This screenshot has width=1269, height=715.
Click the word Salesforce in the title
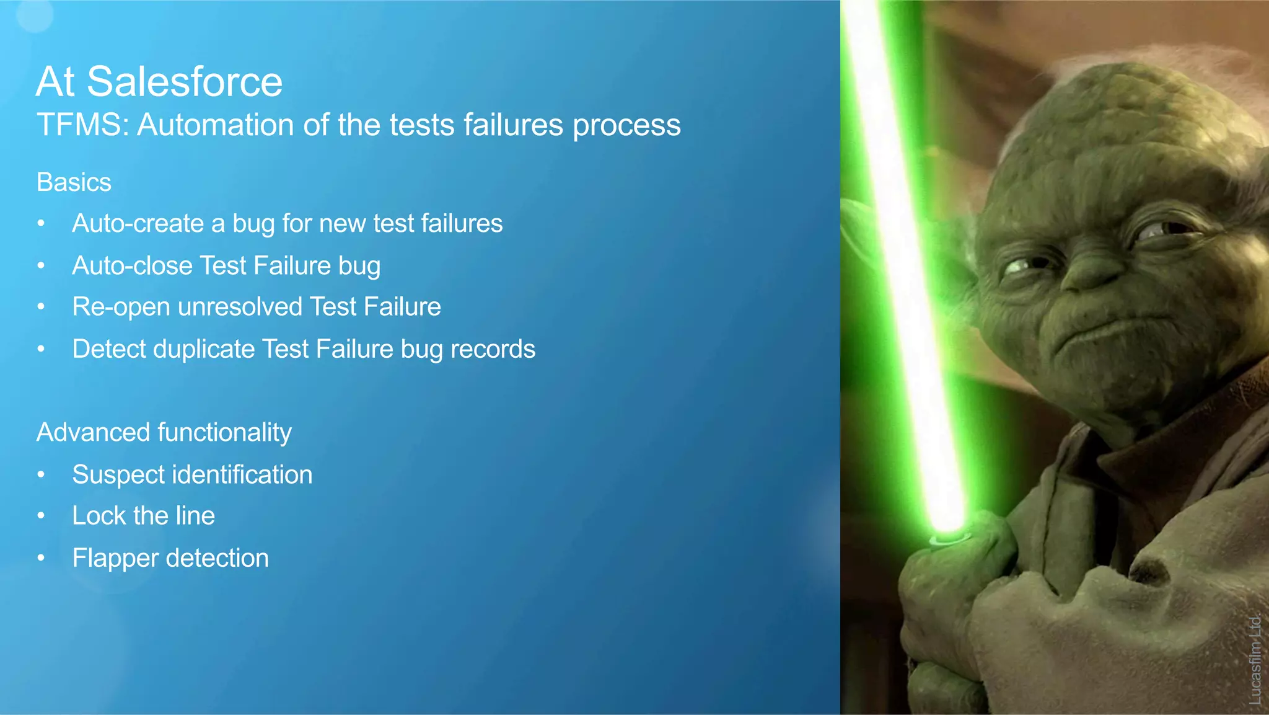(x=184, y=82)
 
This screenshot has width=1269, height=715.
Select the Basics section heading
(x=74, y=182)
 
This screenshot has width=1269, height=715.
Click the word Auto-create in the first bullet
(x=138, y=223)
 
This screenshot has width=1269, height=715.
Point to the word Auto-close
(x=133, y=265)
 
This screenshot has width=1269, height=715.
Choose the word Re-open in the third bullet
(x=121, y=307)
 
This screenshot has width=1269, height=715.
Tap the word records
(x=493, y=349)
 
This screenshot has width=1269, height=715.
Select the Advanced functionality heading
(x=164, y=432)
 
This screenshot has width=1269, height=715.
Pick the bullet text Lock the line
(x=144, y=516)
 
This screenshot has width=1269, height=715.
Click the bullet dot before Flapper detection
(x=41, y=558)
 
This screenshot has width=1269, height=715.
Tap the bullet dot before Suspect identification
(x=41, y=475)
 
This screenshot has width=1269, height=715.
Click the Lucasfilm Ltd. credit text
(x=1255, y=659)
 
